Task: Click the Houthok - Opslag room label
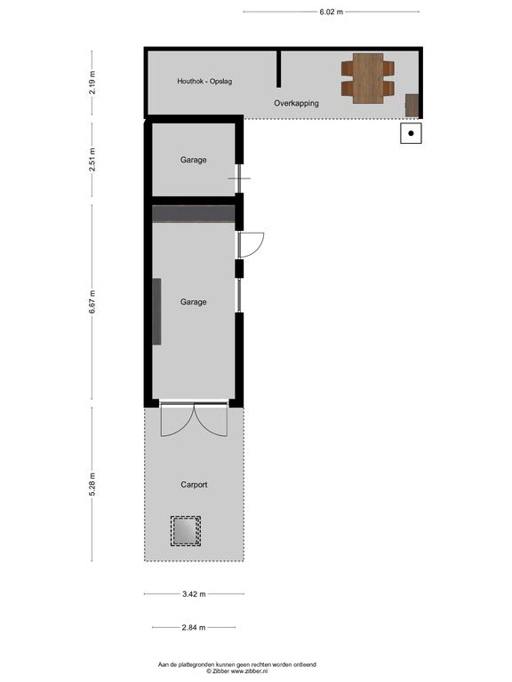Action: (x=204, y=82)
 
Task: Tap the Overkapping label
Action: (x=296, y=104)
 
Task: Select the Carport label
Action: (x=194, y=485)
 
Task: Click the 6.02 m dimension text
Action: (x=332, y=12)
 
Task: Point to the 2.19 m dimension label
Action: (x=92, y=83)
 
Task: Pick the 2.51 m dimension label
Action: (x=92, y=160)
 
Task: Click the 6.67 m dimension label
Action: (x=92, y=301)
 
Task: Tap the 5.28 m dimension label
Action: (x=92, y=484)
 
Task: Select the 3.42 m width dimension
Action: (x=194, y=594)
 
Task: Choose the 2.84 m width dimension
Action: (x=194, y=627)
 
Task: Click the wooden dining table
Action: (x=368, y=78)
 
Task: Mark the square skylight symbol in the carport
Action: (x=186, y=531)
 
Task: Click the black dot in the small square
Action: (x=411, y=133)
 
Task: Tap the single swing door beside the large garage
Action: (x=252, y=244)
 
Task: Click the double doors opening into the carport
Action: (x=194, y=420)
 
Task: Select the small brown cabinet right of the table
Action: (x=412, y=106)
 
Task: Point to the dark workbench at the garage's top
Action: (x=194, y=214)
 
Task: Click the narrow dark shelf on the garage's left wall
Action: (x=156, y=312)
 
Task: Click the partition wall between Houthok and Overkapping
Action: (x=278, y=69)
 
